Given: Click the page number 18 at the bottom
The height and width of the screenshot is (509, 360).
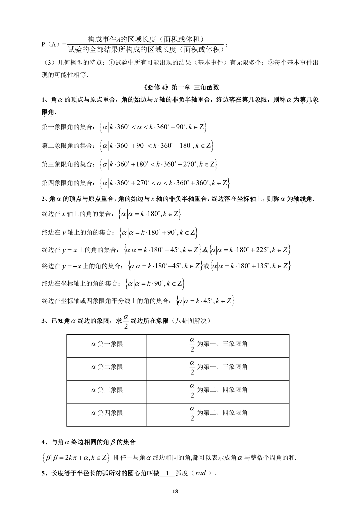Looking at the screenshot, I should click(x=176, y=491).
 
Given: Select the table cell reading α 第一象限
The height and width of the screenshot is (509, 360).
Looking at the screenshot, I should click(x=107, y=344).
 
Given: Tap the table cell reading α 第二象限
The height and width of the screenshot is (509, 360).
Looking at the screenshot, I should click(x=107, y=367).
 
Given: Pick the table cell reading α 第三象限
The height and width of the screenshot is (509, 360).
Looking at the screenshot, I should click(x=107, y=390).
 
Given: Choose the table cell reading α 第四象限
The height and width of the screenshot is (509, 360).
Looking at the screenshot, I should click(x=107, y=413).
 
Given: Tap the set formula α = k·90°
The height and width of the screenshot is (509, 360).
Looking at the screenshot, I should click(x=155, y=284).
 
